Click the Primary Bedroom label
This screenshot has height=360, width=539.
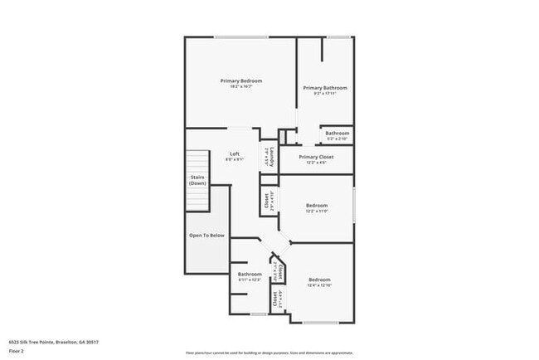tap(241, 80)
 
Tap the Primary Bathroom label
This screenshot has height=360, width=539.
tap(324, 87)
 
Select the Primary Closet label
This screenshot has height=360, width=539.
tap(316, 156)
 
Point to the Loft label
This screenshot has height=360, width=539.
tap(235, 153)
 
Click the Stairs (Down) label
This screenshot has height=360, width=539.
tap(197, 180)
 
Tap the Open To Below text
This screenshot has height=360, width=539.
tap(206, 235)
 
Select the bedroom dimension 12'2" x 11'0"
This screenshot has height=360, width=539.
tap(316, 212)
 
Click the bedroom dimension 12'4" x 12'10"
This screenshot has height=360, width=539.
tap(319, 285)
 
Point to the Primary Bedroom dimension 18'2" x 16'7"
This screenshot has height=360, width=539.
tap(241, 86)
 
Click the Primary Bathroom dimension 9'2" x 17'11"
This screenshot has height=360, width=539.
tap(324, 93)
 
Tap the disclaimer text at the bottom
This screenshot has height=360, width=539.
tap(269, 352)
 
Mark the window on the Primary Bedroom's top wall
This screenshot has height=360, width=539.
tap(241, 36)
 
